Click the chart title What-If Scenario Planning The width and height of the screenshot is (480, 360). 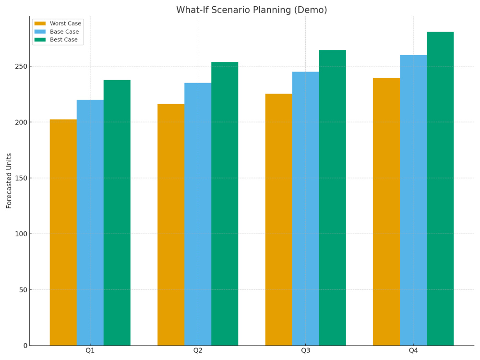(252, 10)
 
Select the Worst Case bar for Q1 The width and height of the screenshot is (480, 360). (63, 232)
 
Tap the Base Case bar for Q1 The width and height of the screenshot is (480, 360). (90, 223)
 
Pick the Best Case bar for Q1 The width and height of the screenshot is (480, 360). (117, 213)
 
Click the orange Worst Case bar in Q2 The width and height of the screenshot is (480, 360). (171, 225)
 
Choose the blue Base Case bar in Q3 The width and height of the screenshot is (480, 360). (306, 209)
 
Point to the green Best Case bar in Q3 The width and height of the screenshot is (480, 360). (333, 198)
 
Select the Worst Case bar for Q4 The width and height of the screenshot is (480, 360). (386, 212)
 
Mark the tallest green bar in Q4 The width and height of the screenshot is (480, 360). (441, 189)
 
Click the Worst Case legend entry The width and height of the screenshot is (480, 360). (58, 23)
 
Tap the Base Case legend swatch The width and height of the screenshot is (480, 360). (40, 32)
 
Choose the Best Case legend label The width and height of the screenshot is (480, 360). (64, 39)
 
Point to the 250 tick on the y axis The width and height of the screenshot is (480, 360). (21, 66)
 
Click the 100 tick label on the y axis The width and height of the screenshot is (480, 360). (21, 234)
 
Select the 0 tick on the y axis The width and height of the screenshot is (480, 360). (25, 346)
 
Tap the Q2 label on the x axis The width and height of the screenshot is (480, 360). (198, 350)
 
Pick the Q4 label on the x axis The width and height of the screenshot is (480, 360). (413, 350)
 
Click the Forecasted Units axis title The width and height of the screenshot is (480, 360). (9, 181)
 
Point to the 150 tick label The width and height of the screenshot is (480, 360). (21, 178)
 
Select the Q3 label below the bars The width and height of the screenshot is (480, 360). (305, 350)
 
